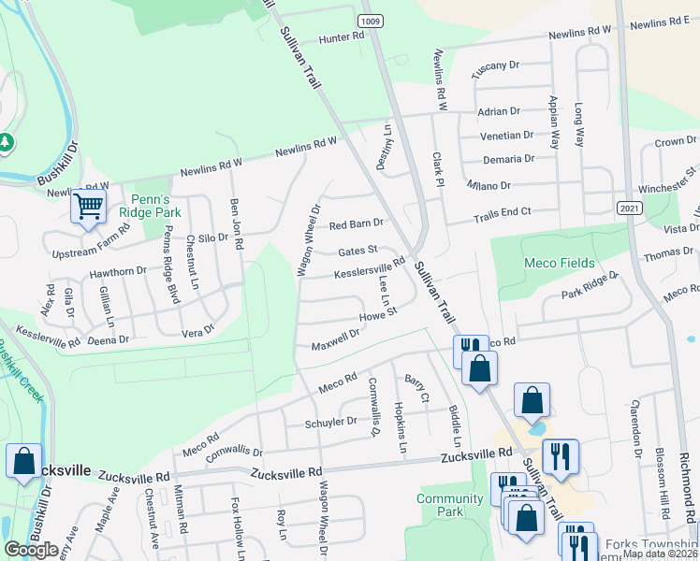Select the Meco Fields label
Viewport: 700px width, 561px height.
pyautogui.click(x=560, y=263)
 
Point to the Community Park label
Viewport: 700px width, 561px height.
pyautogui.click(x=450, y=505)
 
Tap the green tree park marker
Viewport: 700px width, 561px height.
pyautogui.click(x=7, y=141)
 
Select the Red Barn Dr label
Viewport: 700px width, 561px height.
pyautogui.click(x=356, y=224)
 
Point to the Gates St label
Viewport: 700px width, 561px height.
pyautogui.click(x=357, y=251)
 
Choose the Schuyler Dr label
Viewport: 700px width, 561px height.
pyautogui.click(x=331, y=422)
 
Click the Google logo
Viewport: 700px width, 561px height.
pyautogui.click(x=31, y=550)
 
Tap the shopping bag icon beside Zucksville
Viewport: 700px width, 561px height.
pyautogui.click(x=22, y=461)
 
